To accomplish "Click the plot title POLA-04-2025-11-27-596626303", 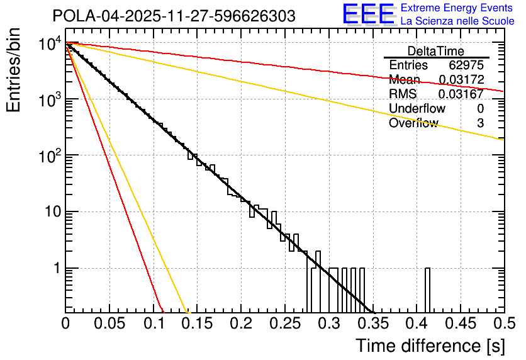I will pos(174,16).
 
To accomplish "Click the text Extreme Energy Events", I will pos(457,8).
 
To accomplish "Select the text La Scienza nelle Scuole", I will pos(457,21).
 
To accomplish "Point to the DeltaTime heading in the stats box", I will pos(436,51).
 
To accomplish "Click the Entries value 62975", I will pos(466,65).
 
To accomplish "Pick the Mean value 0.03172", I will pos(461,80).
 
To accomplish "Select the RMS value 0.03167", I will pos(461,94).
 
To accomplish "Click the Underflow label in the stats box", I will pos(417,109).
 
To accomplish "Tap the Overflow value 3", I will pos(480,123).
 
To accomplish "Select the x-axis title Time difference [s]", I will pos(428,346).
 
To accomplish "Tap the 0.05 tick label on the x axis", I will pos(109,323).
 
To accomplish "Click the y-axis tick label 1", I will pos(55,269).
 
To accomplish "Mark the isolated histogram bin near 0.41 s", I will pos(428,290).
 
